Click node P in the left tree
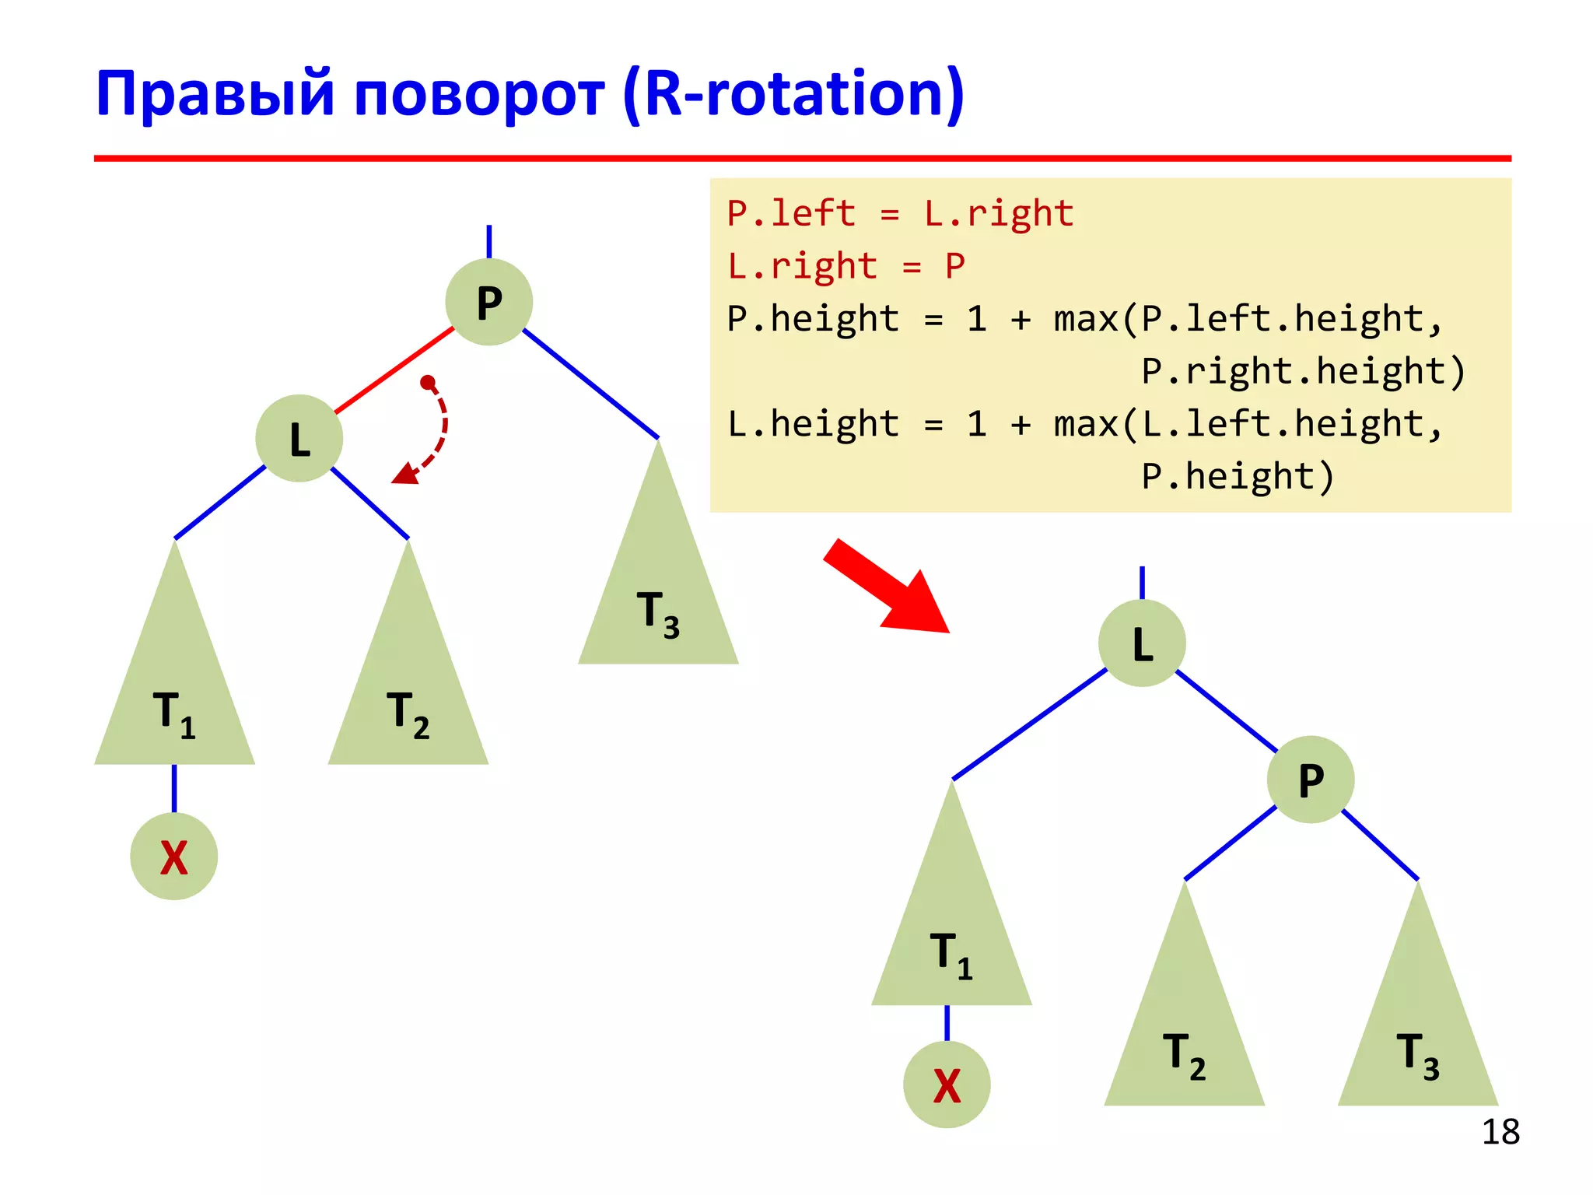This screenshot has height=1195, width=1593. (x=488, y=302)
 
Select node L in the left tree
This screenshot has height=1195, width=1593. (x=299, y=439)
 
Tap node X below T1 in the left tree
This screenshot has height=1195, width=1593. (x=173, y=857)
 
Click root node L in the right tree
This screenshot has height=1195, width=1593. (x=1142, y=643)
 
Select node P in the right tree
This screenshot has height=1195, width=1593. (x=1311, y=780)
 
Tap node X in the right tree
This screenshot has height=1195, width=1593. (x=947, y=1085)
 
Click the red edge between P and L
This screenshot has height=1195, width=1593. (x=394, y=370)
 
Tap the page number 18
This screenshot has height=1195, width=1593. (x=1500, y=1132)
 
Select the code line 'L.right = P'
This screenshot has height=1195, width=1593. (x=846, y=266)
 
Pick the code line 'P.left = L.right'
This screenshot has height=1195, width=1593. (x=900, y=214)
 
